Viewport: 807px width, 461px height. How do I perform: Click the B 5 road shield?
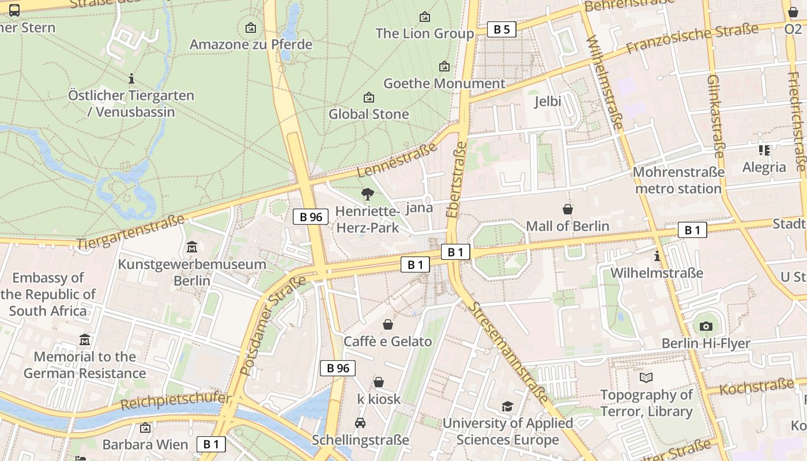(x=501, y=29)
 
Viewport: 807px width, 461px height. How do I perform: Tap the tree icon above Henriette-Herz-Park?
(x=367, y=194)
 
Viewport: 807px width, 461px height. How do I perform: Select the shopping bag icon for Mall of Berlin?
(x=568, y=209)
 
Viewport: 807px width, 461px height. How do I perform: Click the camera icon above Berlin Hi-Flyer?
(x=706, y=327)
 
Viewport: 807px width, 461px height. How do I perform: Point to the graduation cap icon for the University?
(x=507, y=407)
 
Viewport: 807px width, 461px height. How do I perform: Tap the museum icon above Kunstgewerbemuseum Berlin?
(x=192, y=248)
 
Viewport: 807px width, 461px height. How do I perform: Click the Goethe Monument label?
(x=444, y=84)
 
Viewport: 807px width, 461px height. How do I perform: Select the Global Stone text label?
(x=369, y=114)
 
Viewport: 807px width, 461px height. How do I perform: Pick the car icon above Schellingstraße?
(x=360, y=423)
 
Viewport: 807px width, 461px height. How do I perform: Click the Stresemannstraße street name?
(x=507, y=352)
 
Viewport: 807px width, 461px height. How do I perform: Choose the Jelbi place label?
(x=548, y=101)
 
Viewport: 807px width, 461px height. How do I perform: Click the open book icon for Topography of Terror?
(x=646, y=378)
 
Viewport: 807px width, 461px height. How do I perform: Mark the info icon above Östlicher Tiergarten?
(x=131, y=78)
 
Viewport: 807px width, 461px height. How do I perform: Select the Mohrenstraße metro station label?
(x=678, y=180)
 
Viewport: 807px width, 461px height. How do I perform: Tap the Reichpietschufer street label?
(x=175, y=401)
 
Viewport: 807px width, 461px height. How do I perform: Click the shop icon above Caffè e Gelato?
(x=388, y=325)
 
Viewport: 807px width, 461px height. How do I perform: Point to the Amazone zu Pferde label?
(x=251, y=44)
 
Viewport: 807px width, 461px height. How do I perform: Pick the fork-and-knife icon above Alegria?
(x=764, y=150)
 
